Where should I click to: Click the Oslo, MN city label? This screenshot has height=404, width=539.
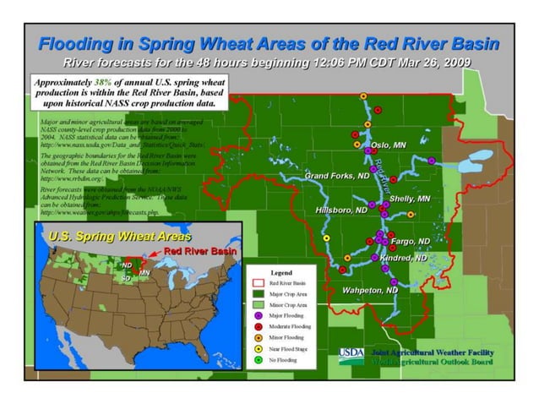pos(389,145)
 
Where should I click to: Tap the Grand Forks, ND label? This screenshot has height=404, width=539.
pos(337,176)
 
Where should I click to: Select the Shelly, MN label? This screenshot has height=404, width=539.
pos(411,199)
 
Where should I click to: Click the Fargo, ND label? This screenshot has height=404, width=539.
pos(411,241)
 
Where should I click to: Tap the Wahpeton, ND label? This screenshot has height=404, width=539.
pos(369,290)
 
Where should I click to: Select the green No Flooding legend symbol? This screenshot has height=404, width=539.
pos(259,359)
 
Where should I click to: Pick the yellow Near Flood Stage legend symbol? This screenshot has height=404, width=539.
pos(259,348)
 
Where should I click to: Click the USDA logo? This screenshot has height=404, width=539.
pos(351,356)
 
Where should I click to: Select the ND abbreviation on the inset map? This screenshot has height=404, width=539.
pos(127,265)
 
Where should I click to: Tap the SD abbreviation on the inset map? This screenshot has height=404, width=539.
pos(125,277)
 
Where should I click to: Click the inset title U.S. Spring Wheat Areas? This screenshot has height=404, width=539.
pos(119,236)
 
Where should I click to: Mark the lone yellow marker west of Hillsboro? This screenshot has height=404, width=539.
pos(326,239)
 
